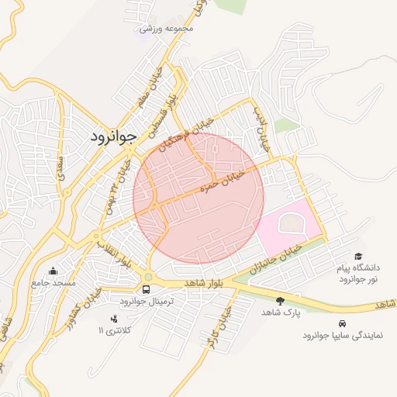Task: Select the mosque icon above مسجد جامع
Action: coord(53,271)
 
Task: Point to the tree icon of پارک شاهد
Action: coord(280,300)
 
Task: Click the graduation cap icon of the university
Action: coord(358,256)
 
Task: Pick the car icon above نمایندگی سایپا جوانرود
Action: coord(342,323)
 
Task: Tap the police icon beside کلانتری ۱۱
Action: coord(114,319)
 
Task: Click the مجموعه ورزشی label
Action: coord(166,29)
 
